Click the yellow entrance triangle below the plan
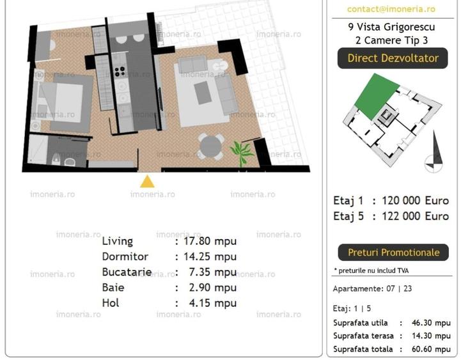point(147,182)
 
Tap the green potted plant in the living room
point(242,152)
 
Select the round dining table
point(210,147)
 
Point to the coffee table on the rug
point(203,93)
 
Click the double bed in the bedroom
point(60,103)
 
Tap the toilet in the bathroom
point(56,160)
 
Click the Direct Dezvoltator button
point(393,58)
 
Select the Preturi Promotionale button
point(393,253)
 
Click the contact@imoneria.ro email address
point(391,9)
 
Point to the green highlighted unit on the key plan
point(377,96)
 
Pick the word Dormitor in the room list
point(125,256)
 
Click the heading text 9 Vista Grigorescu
point(391,27)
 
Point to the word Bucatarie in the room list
point(127,272)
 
